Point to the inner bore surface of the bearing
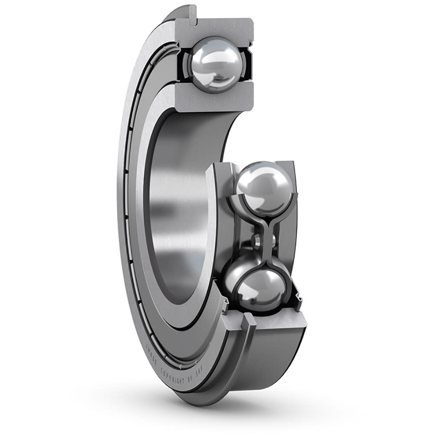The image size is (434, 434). tap(182, 195)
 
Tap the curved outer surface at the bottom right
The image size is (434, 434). tap(278, 356)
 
